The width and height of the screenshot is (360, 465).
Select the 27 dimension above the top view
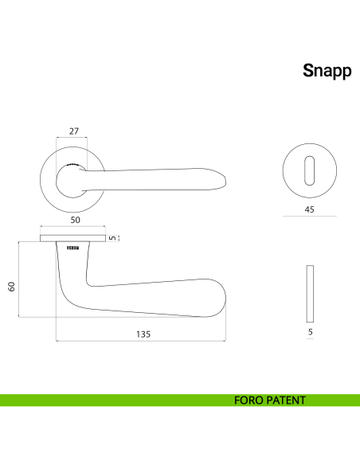coord(73,131)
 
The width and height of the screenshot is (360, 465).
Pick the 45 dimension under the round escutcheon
coord(311,209)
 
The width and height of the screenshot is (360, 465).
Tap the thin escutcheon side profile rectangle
coord(311,292)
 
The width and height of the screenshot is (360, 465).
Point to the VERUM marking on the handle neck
coord(72,248)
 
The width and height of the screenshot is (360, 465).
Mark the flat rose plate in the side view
coord(72,236)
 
